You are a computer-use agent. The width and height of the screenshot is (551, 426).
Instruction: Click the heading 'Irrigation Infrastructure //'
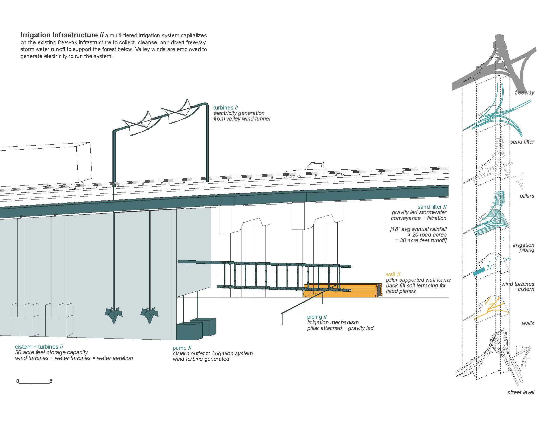pyautogui.click(x=62, y=35)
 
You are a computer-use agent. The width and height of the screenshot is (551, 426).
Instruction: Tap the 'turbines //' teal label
pyautogui.click(x=226, y=108)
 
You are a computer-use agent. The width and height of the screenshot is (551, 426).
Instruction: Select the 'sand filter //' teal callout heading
pyautogui.click(x=432, y=207)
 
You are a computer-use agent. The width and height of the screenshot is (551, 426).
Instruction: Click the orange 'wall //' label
pyautogui.click(x=393, y=274)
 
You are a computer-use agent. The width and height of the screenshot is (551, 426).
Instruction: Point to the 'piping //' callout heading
pyautogui.click(x=317, y=317)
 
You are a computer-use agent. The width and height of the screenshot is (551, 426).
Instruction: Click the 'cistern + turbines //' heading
pyautogui.click(x=39, y=347)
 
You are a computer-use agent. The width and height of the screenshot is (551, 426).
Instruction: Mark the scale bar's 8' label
pyautogui.click(x=51, y=381)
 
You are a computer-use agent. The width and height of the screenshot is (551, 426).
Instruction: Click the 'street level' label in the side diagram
pyautogui.click(x=521, y=392)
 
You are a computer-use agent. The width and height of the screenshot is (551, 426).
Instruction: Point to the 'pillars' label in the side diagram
pyautogui.click(x=526, y=196)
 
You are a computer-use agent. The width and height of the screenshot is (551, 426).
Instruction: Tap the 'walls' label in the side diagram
pyautogui.click(x=528, y=324)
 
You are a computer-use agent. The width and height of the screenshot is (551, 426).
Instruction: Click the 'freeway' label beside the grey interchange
pyautogui.click(x=524, y=93)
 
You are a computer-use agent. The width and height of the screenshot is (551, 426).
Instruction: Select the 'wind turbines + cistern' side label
pyautogui.click(x=518, y=286)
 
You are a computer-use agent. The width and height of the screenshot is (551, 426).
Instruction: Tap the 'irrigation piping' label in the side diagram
pyautogui.click(x=523, y=247)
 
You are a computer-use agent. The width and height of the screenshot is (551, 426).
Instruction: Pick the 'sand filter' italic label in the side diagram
pyautogui.click(x=522, y=142)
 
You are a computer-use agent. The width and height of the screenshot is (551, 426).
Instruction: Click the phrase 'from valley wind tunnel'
pyautogui.click(x=242, y=119)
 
